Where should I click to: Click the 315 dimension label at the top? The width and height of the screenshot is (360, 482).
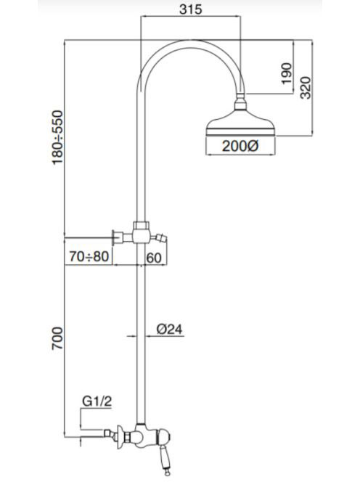(191, 9)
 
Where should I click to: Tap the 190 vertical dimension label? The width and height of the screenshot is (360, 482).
(286, 73)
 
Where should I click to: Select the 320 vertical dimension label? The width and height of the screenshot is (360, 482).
(306, 88)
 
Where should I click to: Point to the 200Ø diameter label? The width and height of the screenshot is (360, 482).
(240, 146)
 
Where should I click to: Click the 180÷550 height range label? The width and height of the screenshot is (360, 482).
(57, 137)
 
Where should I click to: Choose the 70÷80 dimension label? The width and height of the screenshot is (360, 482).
(89, 256)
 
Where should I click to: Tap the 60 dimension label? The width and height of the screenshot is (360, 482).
(154, 258)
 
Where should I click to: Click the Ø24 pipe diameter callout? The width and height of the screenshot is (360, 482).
(169, 330)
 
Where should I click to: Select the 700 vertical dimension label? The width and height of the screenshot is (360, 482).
(57, 338)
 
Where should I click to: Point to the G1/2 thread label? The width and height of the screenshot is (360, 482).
(97, 401)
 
